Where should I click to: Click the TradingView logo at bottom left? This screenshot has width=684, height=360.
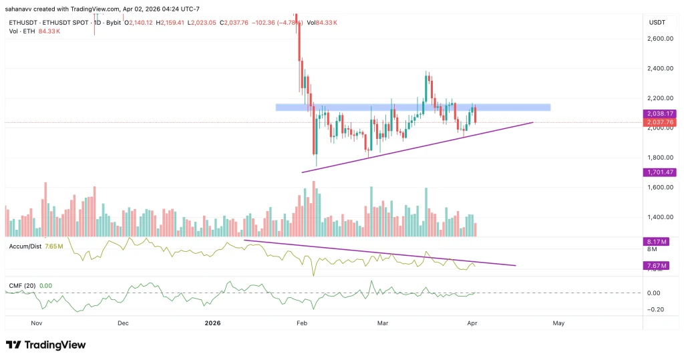pyautogui.click(x=45, y=345)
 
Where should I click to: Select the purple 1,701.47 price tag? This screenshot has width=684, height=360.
pyautogui.click(x=659, y=172)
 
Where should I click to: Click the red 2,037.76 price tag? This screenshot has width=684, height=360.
pyautogui.click(x=659, y=122)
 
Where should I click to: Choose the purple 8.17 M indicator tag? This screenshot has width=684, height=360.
pyautogui.click(x=655, y=241)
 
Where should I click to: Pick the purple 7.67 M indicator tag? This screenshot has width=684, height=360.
pyautogui.click(x=655, y=265)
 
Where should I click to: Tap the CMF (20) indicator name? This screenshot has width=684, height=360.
pyautogui.click(x=22, y=286)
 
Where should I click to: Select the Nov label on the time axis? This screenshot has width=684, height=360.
pyautogui.click(x=37, y=323)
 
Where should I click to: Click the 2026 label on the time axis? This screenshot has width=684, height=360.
pyautogui.click(x=212, y=323)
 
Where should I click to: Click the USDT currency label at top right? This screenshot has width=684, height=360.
pyautogui.click(x=657, y=23)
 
